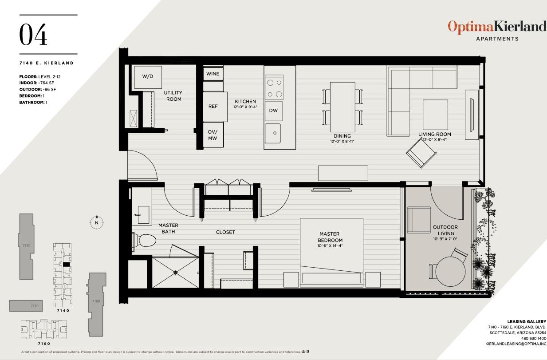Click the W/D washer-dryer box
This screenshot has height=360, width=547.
point(147,77)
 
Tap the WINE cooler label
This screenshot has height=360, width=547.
point(213,73)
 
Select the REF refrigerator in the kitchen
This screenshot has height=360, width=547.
point(213,107)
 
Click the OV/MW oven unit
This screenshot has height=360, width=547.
point(213,135)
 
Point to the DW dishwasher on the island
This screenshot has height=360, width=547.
point(273,111)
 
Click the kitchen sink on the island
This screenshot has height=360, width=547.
point(273,133)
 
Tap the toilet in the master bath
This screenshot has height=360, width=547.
point(146,241)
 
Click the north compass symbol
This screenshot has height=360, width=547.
point(96,222)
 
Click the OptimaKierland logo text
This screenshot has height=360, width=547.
point(497,27)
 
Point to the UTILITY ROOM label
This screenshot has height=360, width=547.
point(173,96)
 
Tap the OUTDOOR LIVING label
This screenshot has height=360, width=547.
point(445,230)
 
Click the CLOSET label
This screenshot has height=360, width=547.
point(225,232)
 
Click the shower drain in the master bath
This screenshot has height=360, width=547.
point(175,272)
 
